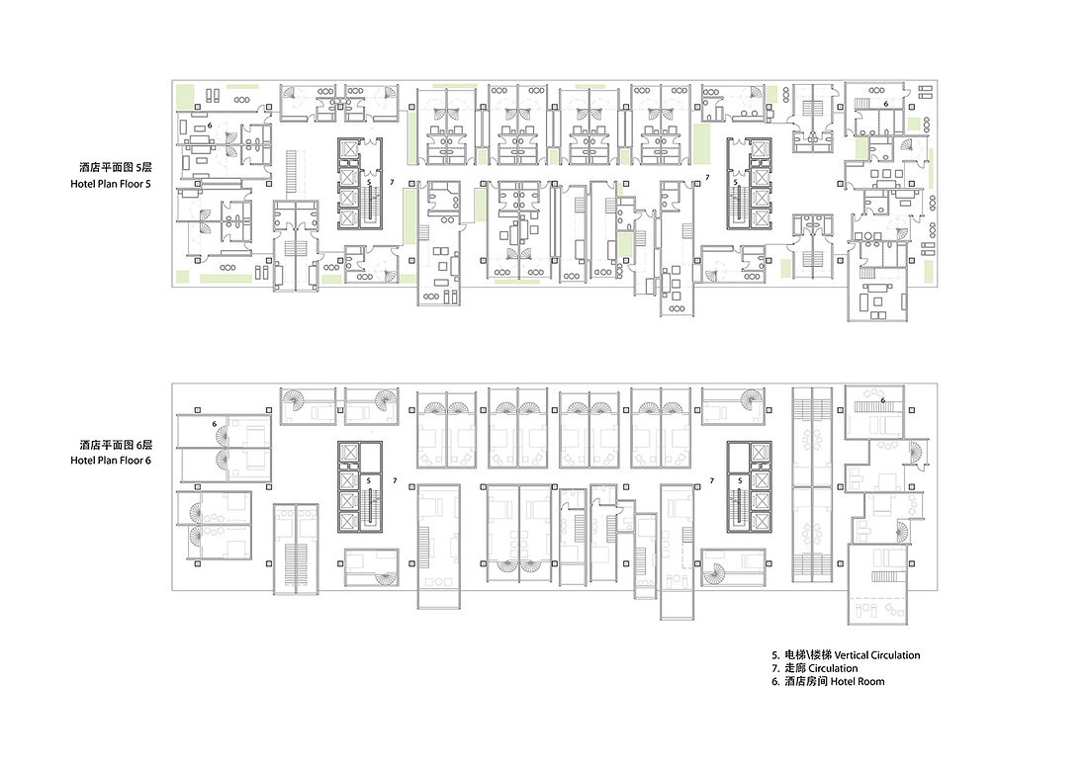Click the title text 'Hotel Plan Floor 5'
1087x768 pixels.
coord(110,184)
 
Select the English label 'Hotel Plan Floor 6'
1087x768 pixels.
coord(110,461)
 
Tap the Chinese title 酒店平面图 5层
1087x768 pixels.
coord(116,168)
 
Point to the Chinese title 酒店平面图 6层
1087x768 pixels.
coord(116,445)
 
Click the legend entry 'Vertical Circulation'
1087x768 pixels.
coord(877,655)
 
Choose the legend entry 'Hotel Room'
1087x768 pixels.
coord(858,681)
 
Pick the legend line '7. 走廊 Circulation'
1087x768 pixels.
coord(815,668)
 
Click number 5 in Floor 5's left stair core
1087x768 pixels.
coord(369,182)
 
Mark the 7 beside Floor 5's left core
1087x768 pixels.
coord(392,182)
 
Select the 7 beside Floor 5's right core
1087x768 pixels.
coord(707,178)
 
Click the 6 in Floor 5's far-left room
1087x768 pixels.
coord(210,127)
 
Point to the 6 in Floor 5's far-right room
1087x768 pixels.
coord(885,103)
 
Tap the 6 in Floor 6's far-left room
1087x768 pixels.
coord(215,424)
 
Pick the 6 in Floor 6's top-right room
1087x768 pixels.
coord(882,400)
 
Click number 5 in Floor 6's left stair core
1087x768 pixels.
coord(369,480)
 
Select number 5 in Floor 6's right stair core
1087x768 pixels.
coord(740,480)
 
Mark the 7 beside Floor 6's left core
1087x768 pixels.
coord(395,480)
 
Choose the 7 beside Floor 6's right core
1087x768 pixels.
coord(712,480)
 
